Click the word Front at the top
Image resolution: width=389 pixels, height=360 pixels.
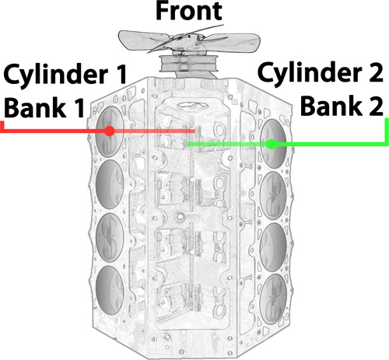[x=189, y=11]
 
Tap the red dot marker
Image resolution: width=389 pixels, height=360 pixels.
[x=110, y=131]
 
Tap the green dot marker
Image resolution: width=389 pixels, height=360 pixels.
[x=272, y=144]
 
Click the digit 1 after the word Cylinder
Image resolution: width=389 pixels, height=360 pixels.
[x=121, y=75]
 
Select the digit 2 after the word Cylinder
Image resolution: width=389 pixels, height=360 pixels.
[x=376, y=72]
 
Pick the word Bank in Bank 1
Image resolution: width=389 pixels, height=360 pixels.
[x=35, y=107]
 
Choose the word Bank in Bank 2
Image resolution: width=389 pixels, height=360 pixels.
[x=331, y=106]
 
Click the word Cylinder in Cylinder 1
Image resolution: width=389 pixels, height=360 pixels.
[x=56, y=75]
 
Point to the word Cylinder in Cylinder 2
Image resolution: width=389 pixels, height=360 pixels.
[x=310, y=74]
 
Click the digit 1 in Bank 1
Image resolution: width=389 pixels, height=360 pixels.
[x=79, y=108]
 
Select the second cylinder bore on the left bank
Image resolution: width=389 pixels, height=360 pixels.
[x=110, y=184]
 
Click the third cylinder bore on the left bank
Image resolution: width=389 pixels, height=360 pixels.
[x=110, y=237]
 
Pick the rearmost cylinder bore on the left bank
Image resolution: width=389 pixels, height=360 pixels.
[x=110, y=290]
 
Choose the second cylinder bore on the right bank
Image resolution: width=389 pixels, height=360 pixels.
[x=273, y=196]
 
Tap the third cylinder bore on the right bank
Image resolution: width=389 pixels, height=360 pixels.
[x=273, y=247]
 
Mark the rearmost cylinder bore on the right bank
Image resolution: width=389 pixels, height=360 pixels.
[x=274, y=299]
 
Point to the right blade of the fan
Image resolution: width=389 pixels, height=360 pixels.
[x=231, y=41]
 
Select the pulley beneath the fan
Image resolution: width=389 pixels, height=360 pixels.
[x=188, y=63]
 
